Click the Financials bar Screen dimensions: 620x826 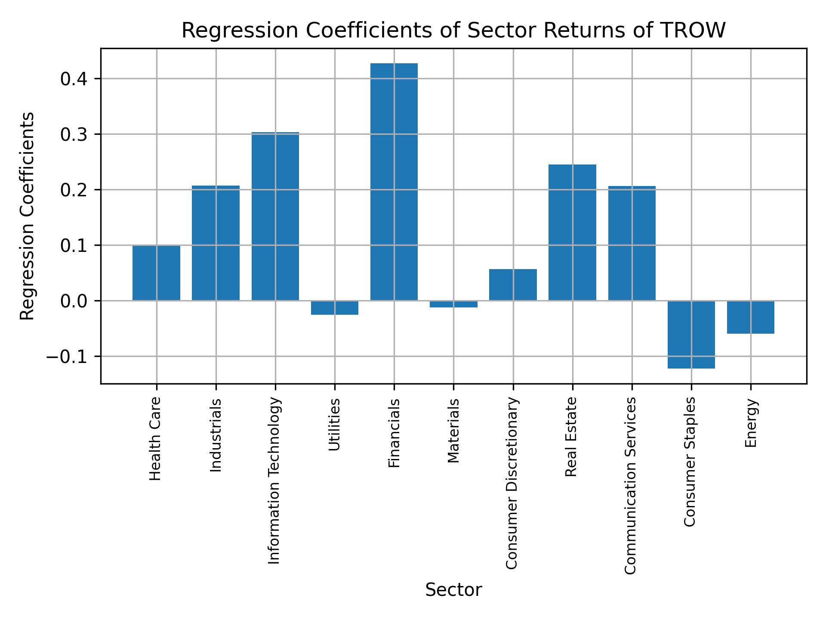[x=394, y=182]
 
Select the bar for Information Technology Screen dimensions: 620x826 [x=275, y=216]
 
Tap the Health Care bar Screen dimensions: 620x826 [x=156, y=273]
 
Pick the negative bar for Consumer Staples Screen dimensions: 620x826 [x=691, y=335]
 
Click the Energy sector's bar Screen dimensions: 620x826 [x=750, y=317]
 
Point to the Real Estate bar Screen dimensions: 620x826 [x=572, y=232]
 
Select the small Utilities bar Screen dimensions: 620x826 [x=334, y=308]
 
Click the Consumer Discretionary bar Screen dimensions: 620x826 [x=513, y=285]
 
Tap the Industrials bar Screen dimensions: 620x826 [x=216, y=243]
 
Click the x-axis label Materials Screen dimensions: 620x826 [x=453, y=431]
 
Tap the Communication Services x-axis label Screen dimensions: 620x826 [x=630, y=485]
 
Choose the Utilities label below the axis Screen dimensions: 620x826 [x=334, y=425]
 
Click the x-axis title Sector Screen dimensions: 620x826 [x=453, y=590]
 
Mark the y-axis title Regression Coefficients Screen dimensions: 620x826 [x=28, y=216]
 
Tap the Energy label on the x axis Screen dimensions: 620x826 [x=751, y=423]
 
